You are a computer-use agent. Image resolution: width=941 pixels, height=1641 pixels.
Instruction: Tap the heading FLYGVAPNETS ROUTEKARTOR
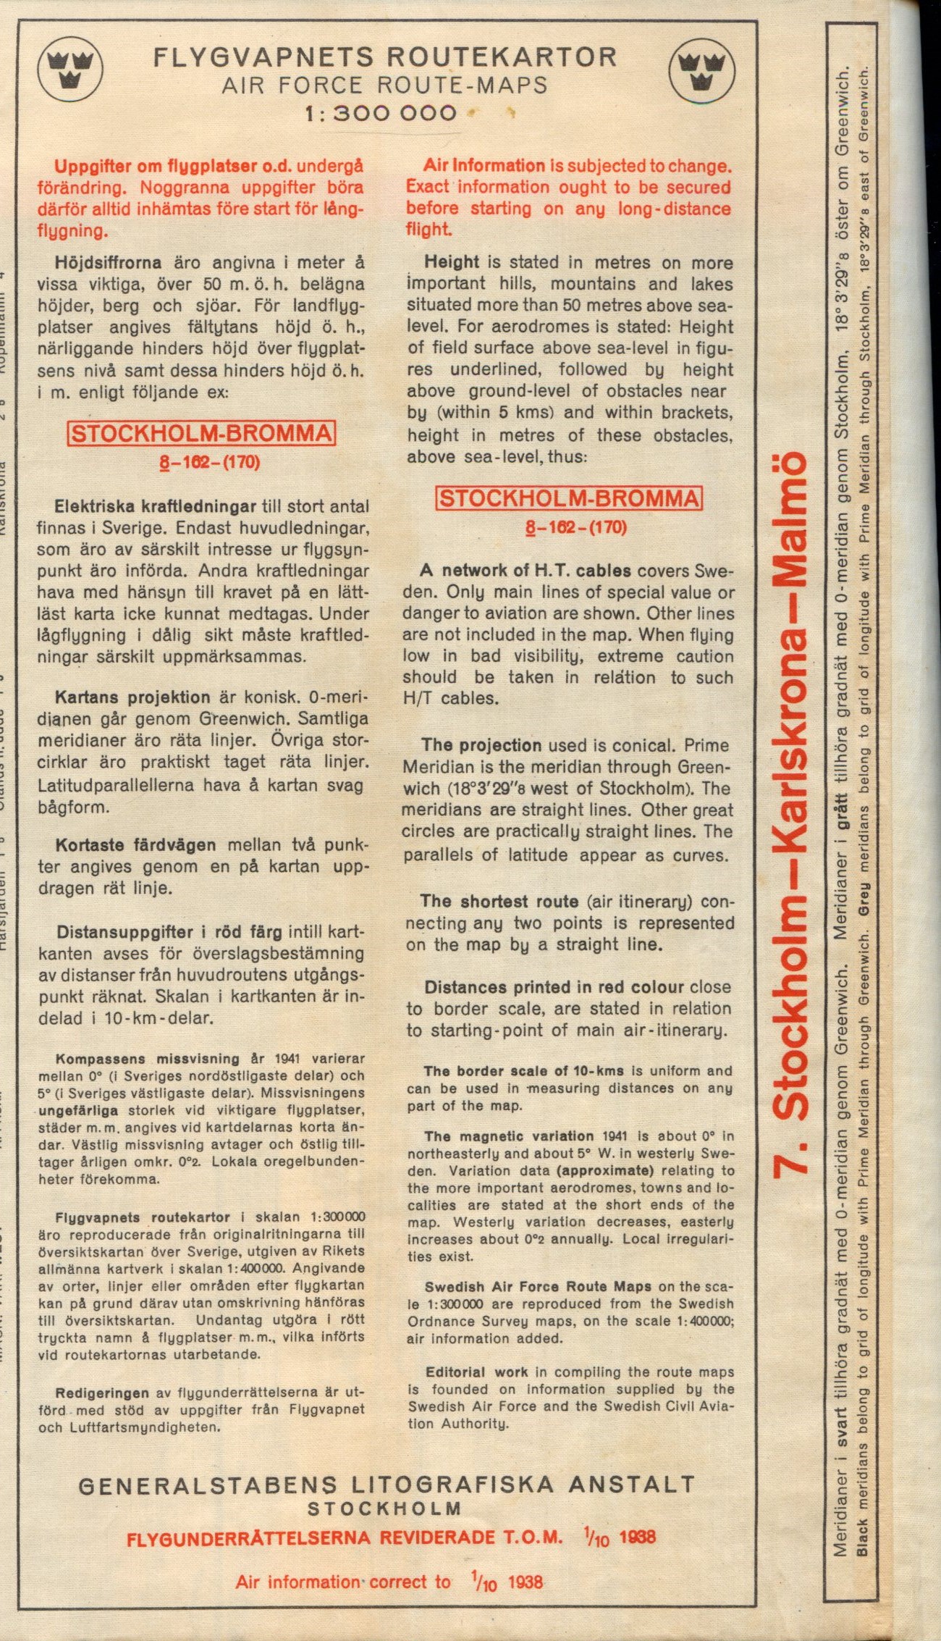pos(384,56)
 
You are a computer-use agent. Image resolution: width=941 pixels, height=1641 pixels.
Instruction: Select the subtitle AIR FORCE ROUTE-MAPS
pos(384,85)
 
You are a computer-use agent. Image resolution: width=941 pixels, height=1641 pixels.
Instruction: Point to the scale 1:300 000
pos(381,113)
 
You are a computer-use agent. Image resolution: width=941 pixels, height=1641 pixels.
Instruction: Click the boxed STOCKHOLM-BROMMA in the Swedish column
pos(201,434)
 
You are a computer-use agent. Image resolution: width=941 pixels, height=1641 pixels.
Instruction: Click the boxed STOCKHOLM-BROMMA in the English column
pos(569,498)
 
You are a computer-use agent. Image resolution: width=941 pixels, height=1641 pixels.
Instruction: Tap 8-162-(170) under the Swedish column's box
pos(209,462)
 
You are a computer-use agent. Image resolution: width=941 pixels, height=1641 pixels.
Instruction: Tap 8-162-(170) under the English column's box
pos(576,526)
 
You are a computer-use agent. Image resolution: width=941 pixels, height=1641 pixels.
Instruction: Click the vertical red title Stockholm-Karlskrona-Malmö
pos(790,814)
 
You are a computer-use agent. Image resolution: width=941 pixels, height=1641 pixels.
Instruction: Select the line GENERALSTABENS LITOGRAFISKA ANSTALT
pos(386,1486)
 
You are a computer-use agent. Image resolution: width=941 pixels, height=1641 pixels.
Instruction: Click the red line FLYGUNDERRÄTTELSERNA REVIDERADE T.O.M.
pos(344,1538)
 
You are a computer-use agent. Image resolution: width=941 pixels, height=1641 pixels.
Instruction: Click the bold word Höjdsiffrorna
pos(111,262)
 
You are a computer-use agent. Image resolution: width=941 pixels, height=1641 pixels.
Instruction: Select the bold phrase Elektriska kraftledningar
pos(155,506)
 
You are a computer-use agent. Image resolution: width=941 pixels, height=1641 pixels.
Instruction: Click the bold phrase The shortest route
pos(499,902)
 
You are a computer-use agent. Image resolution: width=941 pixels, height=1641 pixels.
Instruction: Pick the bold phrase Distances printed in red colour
pos(554,988)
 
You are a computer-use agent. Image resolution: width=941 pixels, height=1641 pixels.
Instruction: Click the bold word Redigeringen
pos(102,1393)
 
